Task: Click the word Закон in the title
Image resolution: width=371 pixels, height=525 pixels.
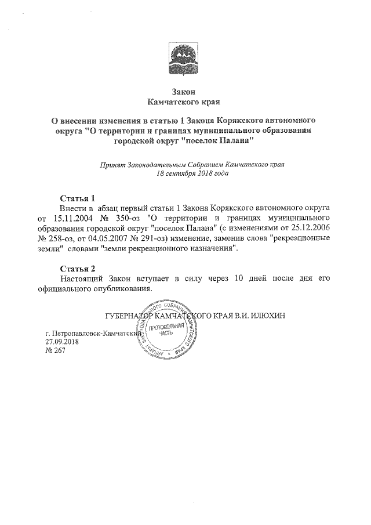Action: coord(184,92)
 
